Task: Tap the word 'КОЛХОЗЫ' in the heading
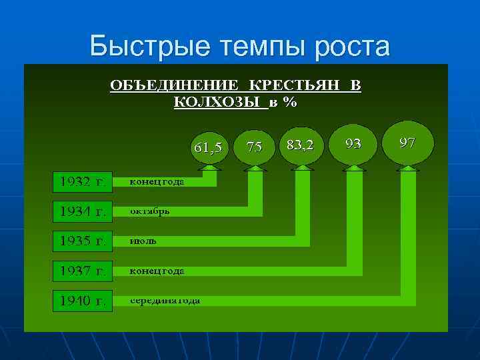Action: (219, 102)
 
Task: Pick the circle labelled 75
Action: (255, 147)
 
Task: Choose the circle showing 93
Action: (354, 143)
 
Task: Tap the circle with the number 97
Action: (407, 141)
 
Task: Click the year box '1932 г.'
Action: (83, 182)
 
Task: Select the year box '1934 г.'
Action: (83, 211)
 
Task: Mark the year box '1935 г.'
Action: (83, 241)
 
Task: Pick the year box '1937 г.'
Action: (83, 271)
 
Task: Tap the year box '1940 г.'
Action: (83, 301)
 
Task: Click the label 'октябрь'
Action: (149, 211)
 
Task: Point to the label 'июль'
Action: (143, 241)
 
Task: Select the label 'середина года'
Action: (165, 301)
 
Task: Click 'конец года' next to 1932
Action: (157, 182)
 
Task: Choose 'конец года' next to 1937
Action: (157, 271)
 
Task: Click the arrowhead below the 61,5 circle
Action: (209, 169)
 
